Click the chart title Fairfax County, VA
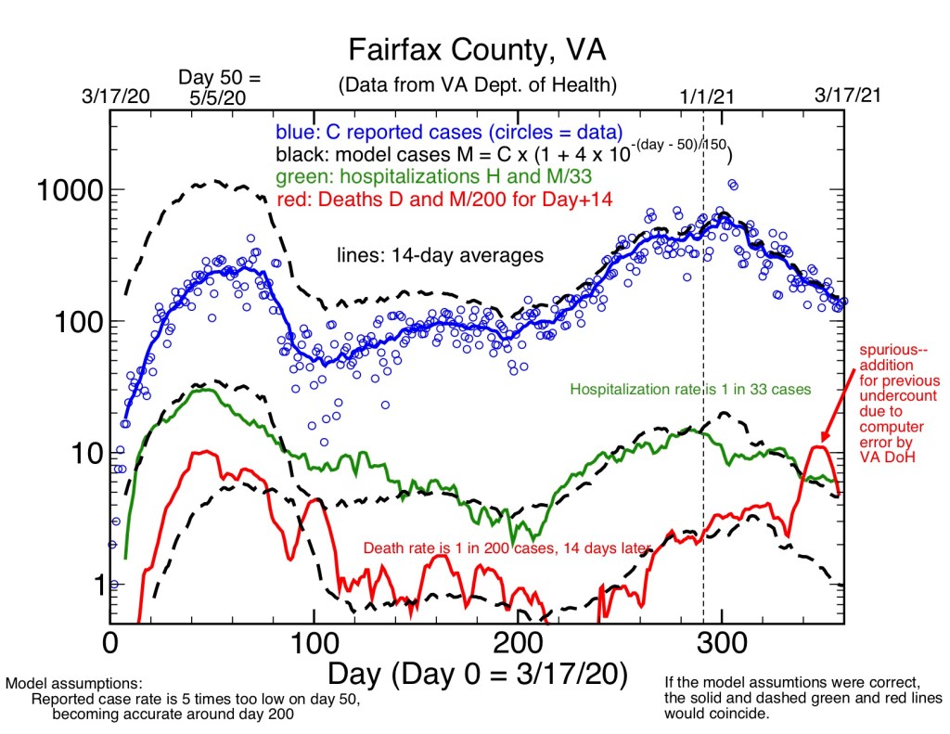475,48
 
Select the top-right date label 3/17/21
845,96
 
